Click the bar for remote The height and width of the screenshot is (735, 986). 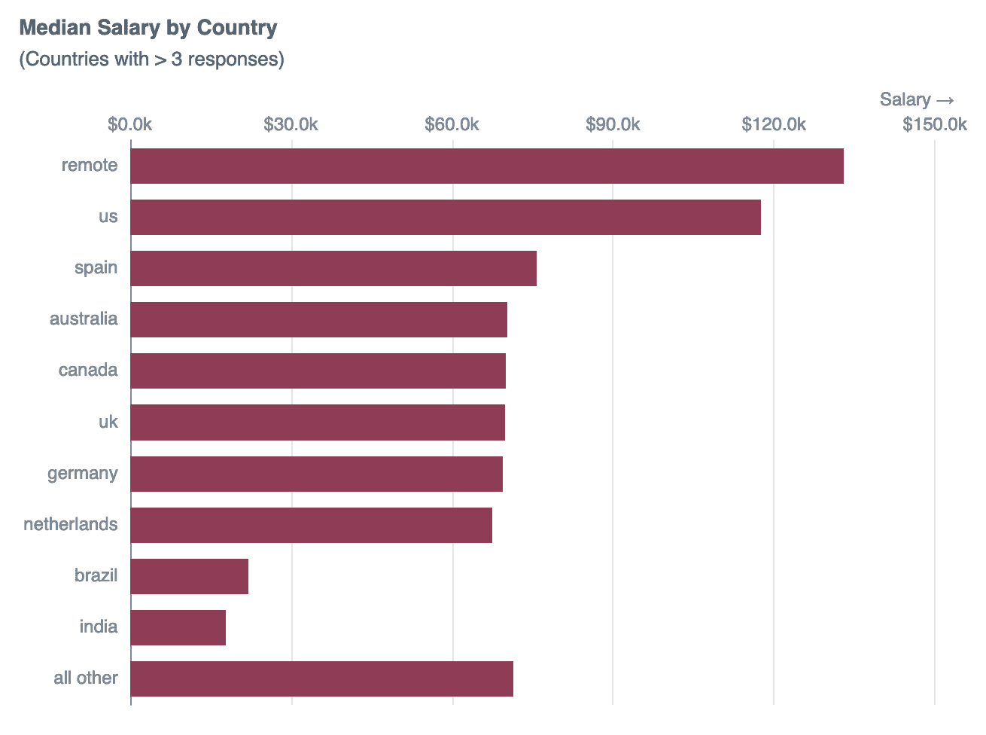487,166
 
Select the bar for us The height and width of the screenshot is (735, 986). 446,217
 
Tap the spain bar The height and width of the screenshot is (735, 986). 333,268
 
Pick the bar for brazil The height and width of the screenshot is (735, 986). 190,576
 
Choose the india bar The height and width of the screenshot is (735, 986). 178,627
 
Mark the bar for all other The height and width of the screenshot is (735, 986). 322,679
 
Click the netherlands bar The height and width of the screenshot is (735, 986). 312,525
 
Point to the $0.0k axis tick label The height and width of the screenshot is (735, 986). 129,124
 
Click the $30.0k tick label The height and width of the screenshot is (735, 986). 291,124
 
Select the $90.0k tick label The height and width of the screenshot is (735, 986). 613,124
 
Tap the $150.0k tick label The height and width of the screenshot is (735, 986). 935,124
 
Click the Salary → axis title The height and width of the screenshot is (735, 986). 917,99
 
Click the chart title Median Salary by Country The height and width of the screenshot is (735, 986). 148,28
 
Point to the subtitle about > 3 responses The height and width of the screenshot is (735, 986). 151,59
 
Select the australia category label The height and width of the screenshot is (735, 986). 84,319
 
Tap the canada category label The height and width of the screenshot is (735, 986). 88,370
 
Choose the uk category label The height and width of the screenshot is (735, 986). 108,422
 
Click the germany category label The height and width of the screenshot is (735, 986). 83,473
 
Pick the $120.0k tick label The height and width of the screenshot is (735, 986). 774,124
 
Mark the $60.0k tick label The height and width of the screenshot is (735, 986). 452,124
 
